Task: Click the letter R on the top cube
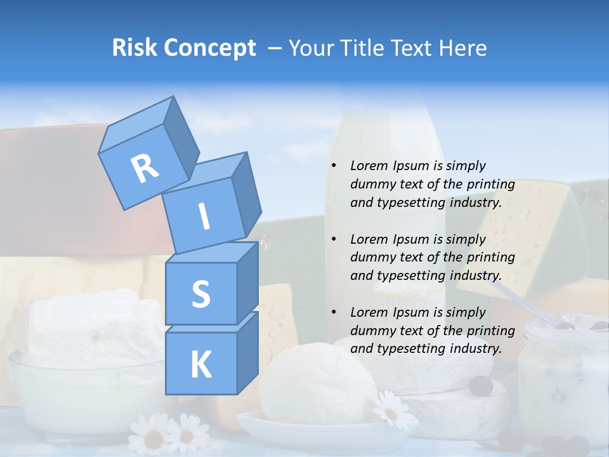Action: click(145, 169)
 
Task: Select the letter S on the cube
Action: click(200, 295)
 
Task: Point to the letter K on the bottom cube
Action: click(200, 365)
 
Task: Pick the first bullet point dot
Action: click(334, 166)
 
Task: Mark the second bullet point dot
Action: click(334, 239)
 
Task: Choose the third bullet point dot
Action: click(334, 312)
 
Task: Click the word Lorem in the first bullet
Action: click(367, 166)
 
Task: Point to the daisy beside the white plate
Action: click(391, 411)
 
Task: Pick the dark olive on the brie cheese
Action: click(481, 385)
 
